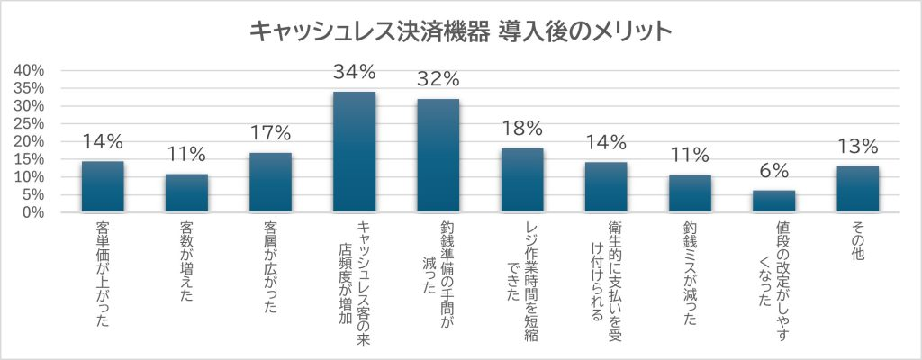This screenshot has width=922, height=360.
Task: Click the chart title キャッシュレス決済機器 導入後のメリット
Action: pos(460,31)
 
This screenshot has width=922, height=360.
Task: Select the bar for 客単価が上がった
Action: pos(103,187)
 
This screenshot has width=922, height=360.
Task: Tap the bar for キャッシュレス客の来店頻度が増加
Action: pos(354,153)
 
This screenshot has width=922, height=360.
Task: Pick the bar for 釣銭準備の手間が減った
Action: pos(438,157)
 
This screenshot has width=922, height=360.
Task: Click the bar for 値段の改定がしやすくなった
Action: pos(773,202)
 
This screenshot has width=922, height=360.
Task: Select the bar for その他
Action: pos(857,189)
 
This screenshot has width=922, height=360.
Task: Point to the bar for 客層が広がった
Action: pos(270,183)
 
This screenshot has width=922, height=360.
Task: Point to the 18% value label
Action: pos(522,130)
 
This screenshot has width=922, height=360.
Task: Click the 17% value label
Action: pos(270,134)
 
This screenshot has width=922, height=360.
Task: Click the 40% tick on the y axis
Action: pos(30,70)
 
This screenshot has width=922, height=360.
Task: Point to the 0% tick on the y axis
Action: pos(34,213)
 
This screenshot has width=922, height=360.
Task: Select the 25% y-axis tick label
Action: pos(30,124)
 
